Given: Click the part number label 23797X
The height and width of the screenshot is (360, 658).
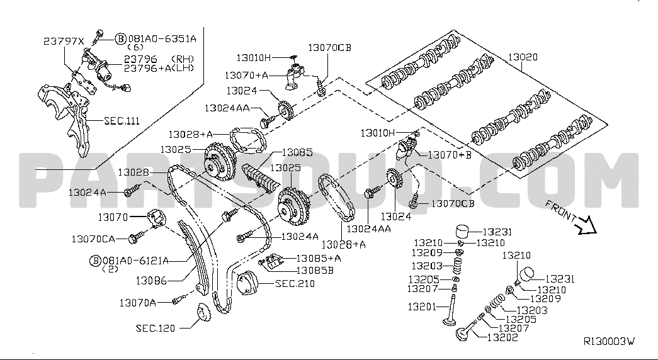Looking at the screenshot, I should click(63, 42).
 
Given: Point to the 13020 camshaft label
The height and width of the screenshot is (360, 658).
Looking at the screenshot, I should click(522, 57).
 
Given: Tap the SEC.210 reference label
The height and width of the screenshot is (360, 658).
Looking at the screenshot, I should click(295, 284).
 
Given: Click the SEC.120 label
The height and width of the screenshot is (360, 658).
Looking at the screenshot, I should click(155, 328).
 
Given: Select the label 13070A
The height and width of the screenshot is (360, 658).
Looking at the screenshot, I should click(137, 303).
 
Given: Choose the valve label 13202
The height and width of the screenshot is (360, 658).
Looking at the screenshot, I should click(502, 338).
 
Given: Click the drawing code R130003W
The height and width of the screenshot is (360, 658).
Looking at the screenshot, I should click(608, 342).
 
